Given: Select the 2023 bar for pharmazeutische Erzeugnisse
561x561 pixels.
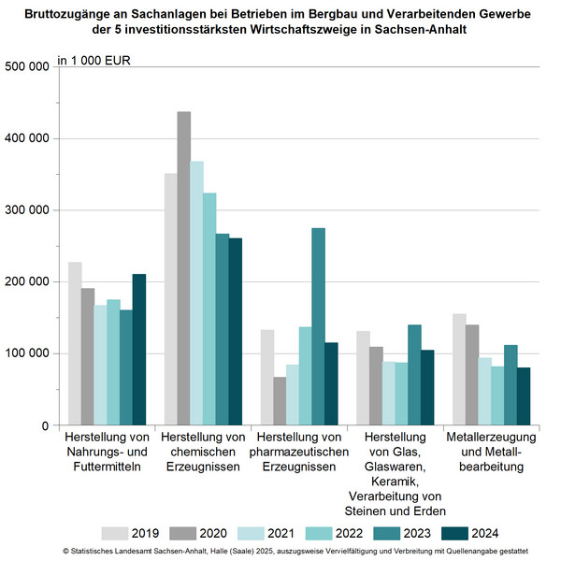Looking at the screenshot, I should point(318,326).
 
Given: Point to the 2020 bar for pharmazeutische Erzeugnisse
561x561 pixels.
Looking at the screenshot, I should point(280,401).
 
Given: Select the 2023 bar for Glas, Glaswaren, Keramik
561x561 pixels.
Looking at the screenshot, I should point(414,375).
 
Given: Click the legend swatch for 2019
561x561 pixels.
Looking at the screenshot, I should point(113,533).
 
